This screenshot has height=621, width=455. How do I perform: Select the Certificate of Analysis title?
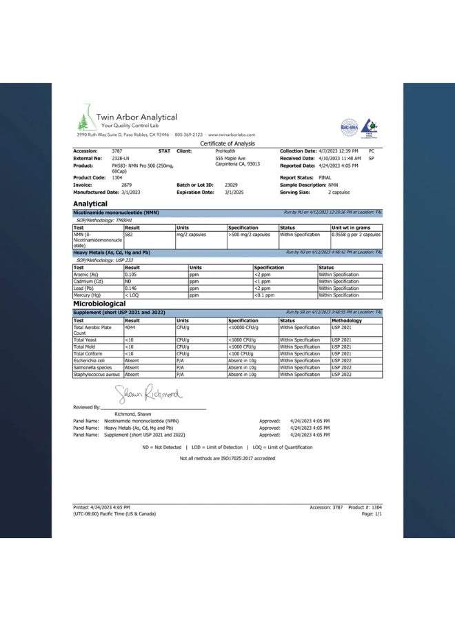click(x=228, y=144)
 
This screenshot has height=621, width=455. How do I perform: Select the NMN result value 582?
click(x=130, y=235)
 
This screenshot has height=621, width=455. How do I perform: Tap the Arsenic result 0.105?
click(x=131, y=275)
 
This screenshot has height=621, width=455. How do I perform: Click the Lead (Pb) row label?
click(x=84, y=288)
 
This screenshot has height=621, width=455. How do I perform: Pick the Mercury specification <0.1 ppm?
click(x=265, y=295)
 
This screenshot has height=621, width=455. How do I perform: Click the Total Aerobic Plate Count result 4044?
click(x=130, y=328)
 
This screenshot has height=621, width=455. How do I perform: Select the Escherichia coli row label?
click(x=90, y=361)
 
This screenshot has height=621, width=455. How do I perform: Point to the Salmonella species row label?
click(x=92, y=368)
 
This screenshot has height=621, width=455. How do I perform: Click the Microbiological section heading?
click(x=99, y=304)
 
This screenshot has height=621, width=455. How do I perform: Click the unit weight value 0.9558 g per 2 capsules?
click(x=356, y=235)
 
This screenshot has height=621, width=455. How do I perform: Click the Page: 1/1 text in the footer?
click(x=372, y=513)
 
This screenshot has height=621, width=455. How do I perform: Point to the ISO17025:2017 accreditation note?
click(x=228, y=458)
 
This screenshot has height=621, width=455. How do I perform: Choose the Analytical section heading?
click(x=90, y=204)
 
